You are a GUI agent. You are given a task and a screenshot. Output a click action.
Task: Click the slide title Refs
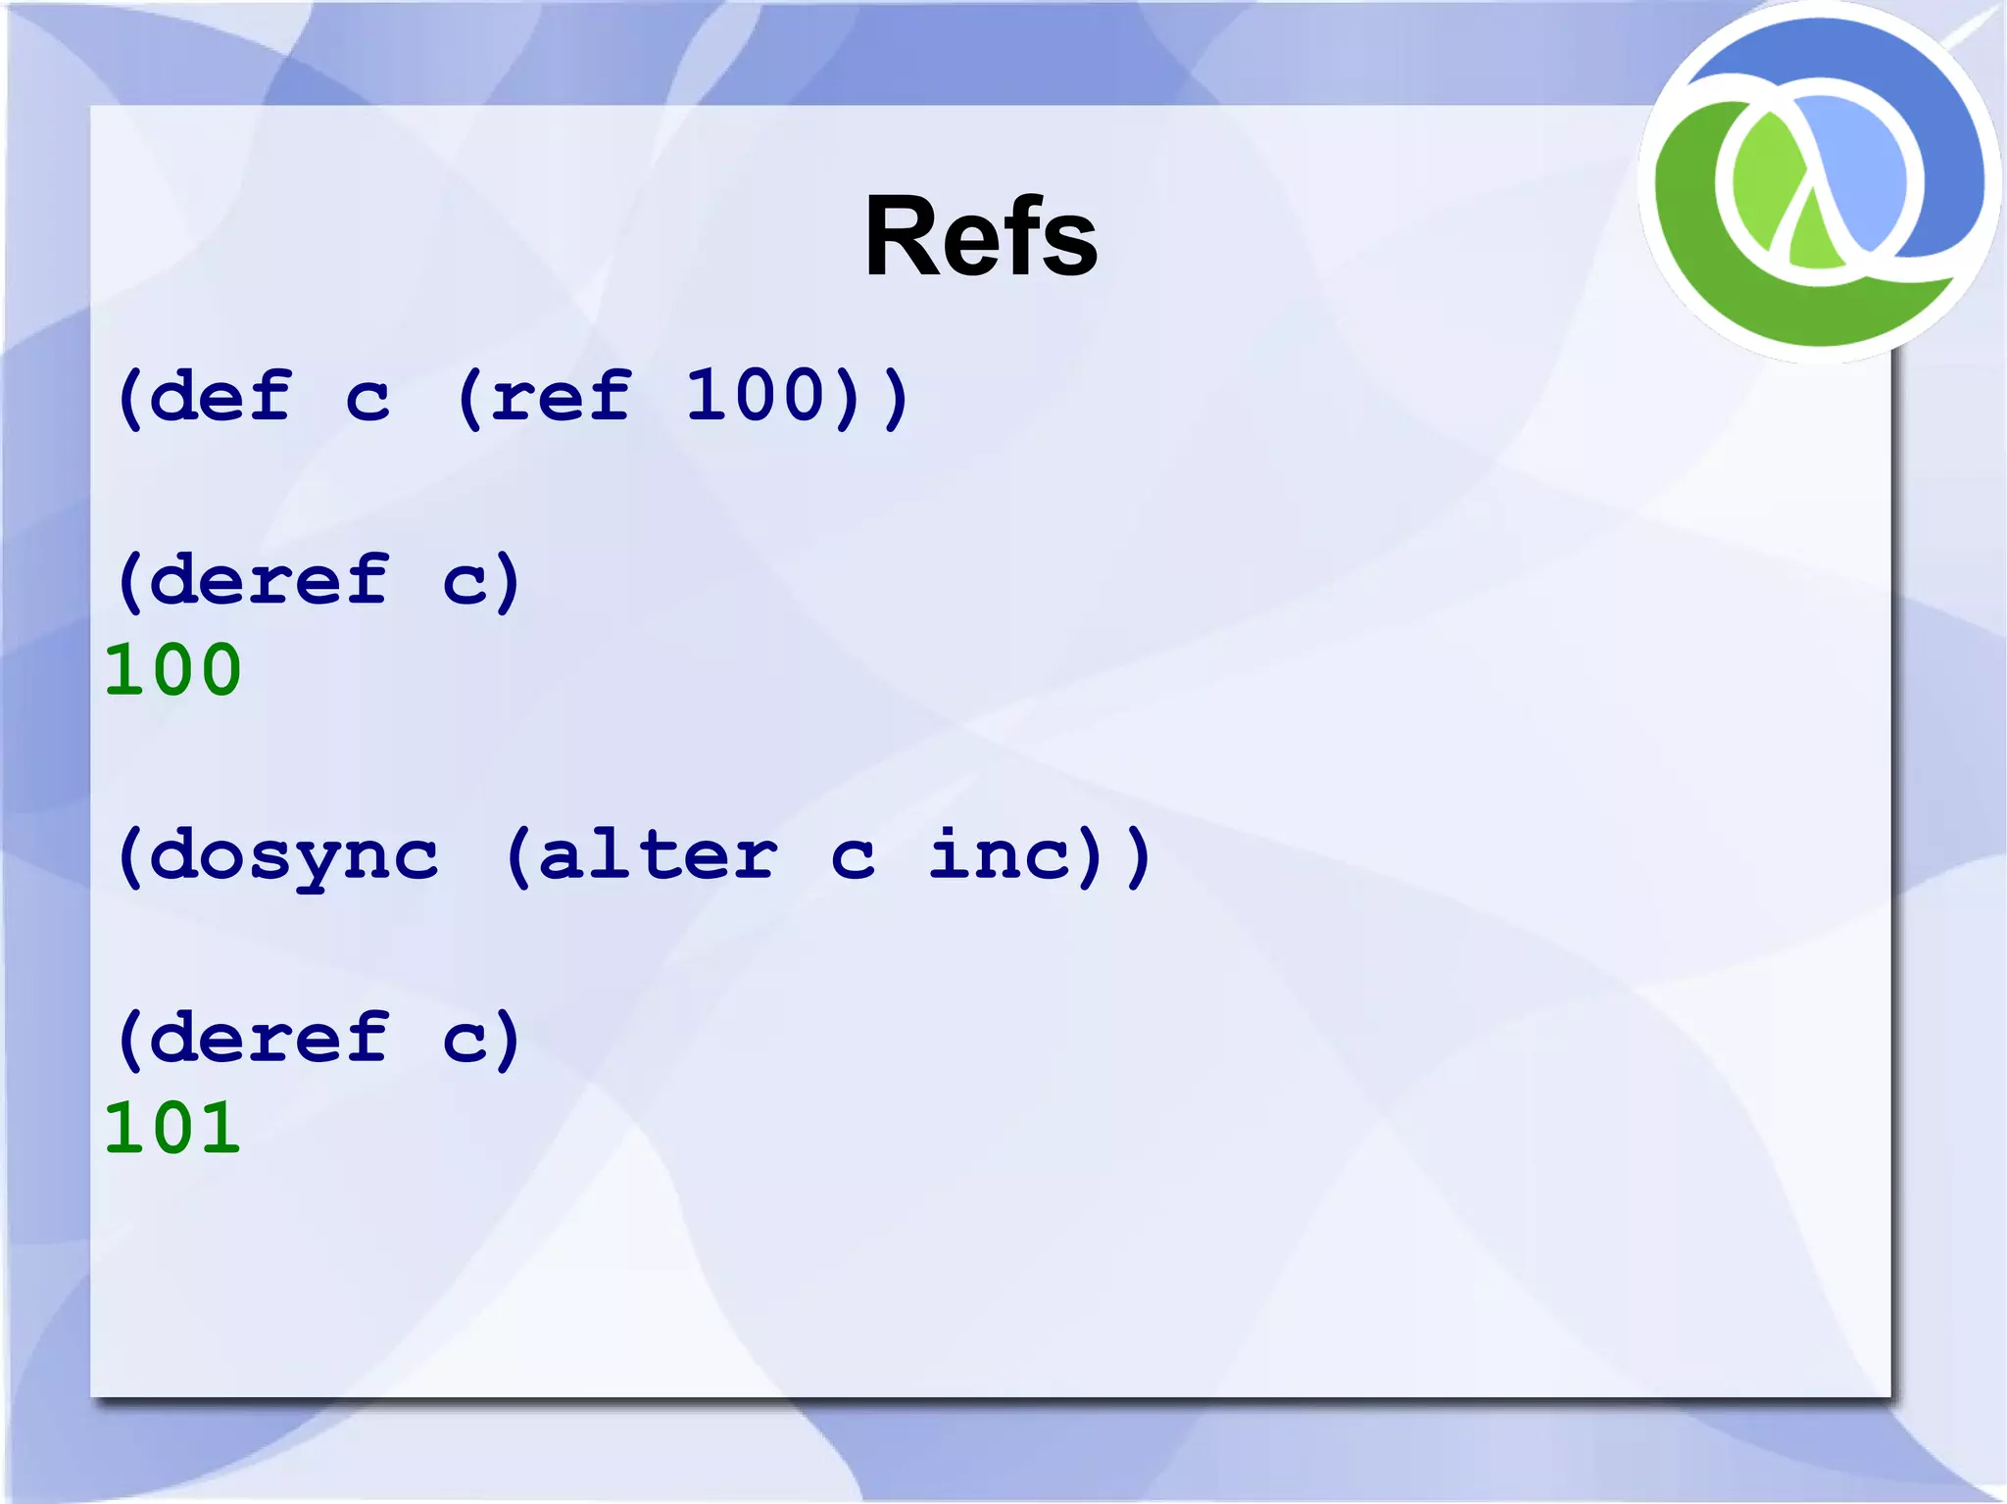coord(980,237)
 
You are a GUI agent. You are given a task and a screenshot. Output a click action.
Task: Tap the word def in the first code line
coord(220,397)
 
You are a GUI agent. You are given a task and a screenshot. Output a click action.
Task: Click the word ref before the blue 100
coord(561,397)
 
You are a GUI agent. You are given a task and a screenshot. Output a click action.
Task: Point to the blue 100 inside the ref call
coord(757,397)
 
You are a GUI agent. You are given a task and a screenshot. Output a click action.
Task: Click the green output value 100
coord(172,670)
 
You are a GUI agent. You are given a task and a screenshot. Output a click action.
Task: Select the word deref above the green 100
coord(269,580)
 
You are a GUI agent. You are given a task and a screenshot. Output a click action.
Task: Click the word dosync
coord(294,856)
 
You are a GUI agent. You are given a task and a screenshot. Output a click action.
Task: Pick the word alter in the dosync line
coord(658,854)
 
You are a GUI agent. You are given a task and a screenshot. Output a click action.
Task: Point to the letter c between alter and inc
coord(852,858)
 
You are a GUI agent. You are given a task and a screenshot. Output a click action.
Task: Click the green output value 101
coord(172,1128)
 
